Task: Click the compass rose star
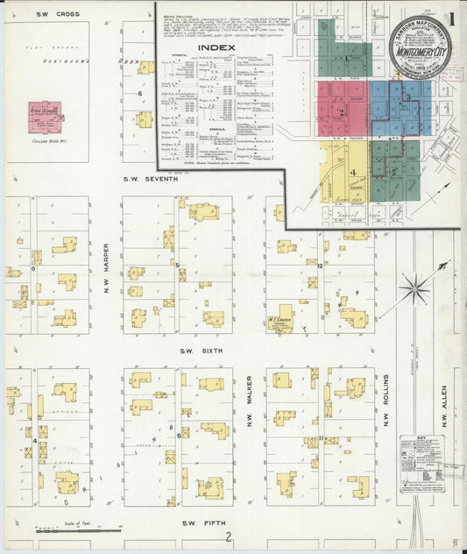[414, 286]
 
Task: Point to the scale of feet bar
[79, 529]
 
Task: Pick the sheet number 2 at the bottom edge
[228, 538]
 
